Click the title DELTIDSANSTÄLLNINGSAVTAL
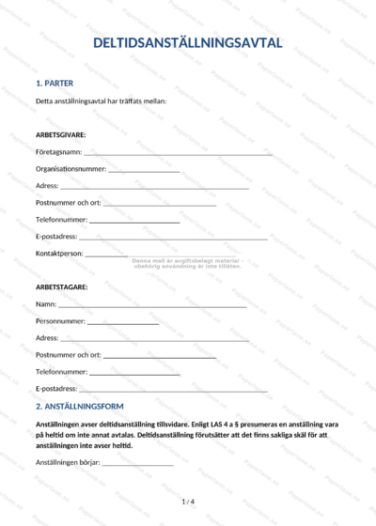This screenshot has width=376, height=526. [188, 43]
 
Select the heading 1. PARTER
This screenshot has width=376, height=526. [55, 83]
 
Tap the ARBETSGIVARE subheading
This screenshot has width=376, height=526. [61, 134]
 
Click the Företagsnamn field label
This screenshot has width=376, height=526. [58, 151]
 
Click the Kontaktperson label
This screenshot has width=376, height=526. [59, 254]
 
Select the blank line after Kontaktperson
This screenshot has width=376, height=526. [106, 255]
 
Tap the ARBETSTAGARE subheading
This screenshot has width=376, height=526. [61, 287]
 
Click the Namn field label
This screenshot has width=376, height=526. [45, 304]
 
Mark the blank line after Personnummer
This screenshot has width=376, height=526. [123, 322]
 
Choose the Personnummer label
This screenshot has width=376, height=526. [60, 321]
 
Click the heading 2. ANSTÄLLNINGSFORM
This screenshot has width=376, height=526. [79, 407]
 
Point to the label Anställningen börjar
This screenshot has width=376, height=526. [67, 462]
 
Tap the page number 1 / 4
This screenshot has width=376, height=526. [188, 503]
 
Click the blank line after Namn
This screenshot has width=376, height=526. [152, 305]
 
